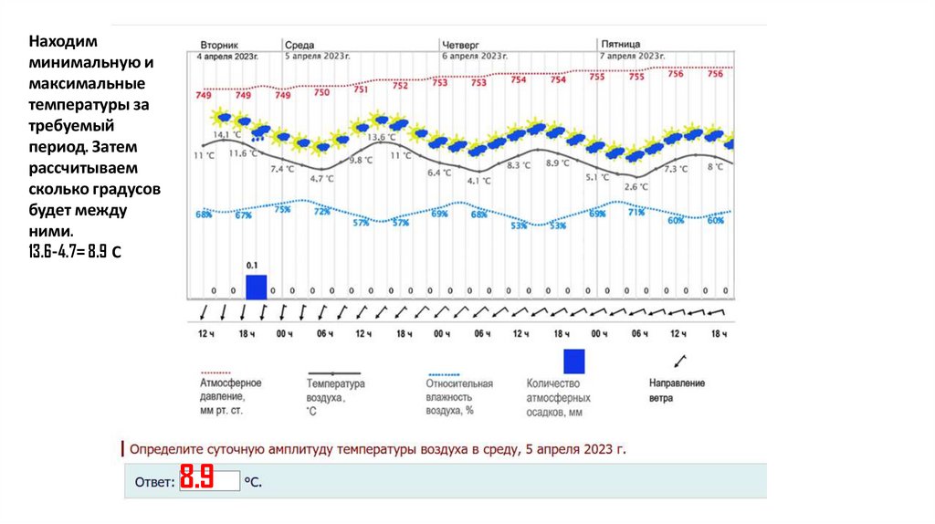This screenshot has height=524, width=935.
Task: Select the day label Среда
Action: tap(299, 44)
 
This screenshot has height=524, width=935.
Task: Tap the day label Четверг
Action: tap(460, 44)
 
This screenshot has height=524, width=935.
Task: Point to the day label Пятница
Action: tap(621, 44)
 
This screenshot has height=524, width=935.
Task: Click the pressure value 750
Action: tap(322, 92)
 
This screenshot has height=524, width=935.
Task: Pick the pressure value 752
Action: tap(401, 86)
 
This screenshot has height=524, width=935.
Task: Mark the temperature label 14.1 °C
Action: tap(227, 135)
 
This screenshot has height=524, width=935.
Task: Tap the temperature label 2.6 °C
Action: tap(636, 186)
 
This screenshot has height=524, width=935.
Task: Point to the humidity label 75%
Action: tap(283, 209)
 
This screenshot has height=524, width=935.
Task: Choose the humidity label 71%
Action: tap(636, 211)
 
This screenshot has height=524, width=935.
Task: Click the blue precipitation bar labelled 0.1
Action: tap(257, 287)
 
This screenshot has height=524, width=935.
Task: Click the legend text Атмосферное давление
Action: tap(231, 391)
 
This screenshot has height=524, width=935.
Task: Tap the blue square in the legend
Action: tap(573, 362)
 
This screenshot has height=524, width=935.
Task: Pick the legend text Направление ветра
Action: tap(677, 391)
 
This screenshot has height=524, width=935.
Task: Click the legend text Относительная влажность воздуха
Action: tap(459, 397)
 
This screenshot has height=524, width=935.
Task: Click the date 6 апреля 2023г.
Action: tap(474, 56)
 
